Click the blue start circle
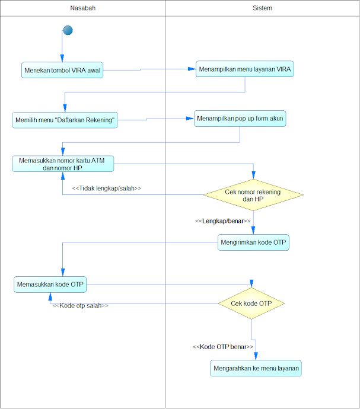click(x=68, y=30)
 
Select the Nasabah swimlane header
click(x=83, y=8)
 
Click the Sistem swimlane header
click(x=262, y=8)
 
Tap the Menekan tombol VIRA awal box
click(x=62, y=70)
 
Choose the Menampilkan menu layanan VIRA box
click(x=245, y=69)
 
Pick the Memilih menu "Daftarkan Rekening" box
click(x=65, y=120)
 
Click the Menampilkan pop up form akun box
click(x=240, y=119)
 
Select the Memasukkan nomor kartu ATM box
click(x=63, y=164)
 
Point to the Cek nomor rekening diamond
click(x=253, y=195)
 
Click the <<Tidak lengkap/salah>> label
click(x=107, y=188)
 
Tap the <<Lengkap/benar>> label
click(x=222, y=221)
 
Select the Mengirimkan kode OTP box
click(x=253, y=242)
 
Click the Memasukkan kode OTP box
click(x=50, y=285)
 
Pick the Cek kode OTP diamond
click(x=251, y=303)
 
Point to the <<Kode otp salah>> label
click(x=81, y=305)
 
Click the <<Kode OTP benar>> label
click(x=223, y=347)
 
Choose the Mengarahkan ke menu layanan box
click(x=256, y=368)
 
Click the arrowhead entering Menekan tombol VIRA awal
click(x=62, y=59)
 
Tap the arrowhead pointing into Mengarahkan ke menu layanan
click(x=256, y=357)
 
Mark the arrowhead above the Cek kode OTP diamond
click(x=251, y=284)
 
